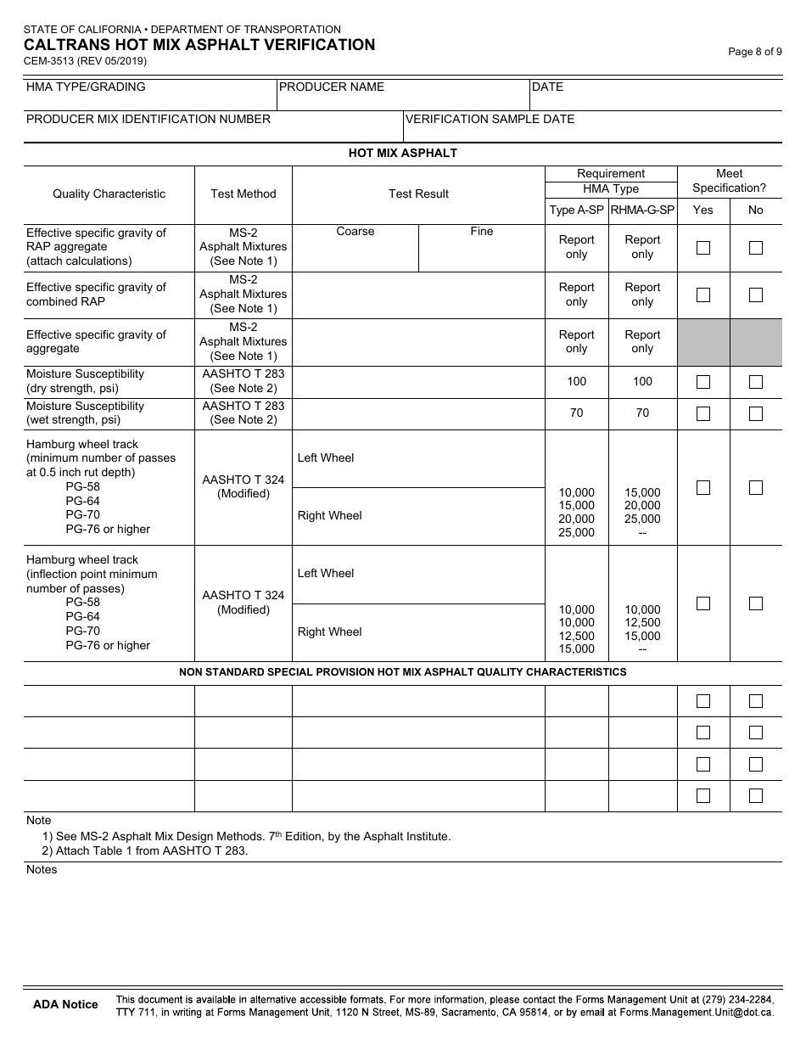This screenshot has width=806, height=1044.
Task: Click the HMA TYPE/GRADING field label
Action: click(x=86, y=87)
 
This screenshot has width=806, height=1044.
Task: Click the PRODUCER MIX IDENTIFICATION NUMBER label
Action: click(x=148, y=119)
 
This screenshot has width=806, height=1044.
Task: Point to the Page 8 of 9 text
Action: click(x=755, y=52)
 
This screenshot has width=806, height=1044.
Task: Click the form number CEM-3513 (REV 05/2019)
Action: click(x=85, y=61)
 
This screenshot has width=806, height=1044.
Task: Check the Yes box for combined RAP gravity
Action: click(x=703, y=295)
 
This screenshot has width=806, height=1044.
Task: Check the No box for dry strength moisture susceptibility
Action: click(x=756, y=382)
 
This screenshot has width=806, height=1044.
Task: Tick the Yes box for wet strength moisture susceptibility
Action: click(x=703, y=413)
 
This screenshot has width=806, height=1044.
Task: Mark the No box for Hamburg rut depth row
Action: click(x=756, y=487)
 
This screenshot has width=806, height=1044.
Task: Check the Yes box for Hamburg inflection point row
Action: click(x=703, y=603)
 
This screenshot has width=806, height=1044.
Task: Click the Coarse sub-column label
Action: click(x=355, y=231)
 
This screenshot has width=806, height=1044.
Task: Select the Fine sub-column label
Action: click(x=481, y=231)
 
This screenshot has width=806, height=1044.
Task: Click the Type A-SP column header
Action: click(x=576, y=210)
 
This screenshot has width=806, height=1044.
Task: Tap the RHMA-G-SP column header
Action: click(x=642, y=210)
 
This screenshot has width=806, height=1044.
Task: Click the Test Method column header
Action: click(x=243, y=194)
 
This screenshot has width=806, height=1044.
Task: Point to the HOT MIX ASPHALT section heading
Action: click(x=402, y=153)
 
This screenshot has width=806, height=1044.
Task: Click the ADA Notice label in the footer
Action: click(x=65, y=1004)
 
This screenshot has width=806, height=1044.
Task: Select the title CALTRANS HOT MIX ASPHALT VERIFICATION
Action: click(x=199, y=45)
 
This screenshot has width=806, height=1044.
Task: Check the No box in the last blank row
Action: click(x=756, y=795)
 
